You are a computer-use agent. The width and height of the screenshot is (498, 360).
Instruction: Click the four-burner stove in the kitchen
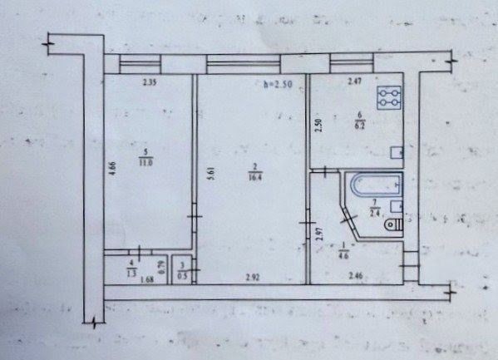point(387,98)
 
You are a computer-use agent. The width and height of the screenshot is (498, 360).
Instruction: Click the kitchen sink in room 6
point(397,153)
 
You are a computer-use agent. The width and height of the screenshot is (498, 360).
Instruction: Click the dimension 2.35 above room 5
point(150,82)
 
